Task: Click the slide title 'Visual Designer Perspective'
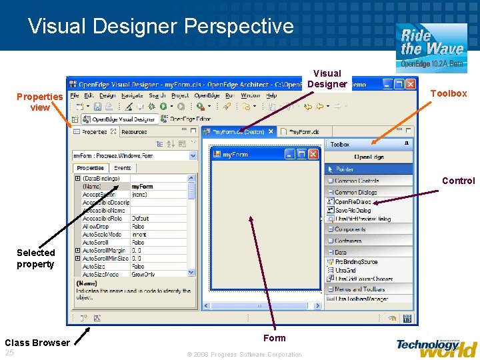(161, 26)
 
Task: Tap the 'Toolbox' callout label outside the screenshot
(448, 93)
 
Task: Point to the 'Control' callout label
(459, 181)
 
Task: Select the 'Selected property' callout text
(36, 258)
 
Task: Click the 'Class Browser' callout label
(37, 343)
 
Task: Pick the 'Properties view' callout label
(40, 102)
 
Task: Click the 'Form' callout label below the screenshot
(274, 338)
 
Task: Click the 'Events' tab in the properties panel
(123, 168)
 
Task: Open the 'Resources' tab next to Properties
(134, 132)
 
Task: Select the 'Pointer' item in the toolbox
(345, 169)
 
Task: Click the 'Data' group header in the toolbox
(341, 252)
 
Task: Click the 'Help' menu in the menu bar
(271, 95)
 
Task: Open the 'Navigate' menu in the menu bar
(132, 95)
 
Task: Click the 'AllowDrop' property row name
(95, 227)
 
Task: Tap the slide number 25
(9, 352)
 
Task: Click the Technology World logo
(436, 347)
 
